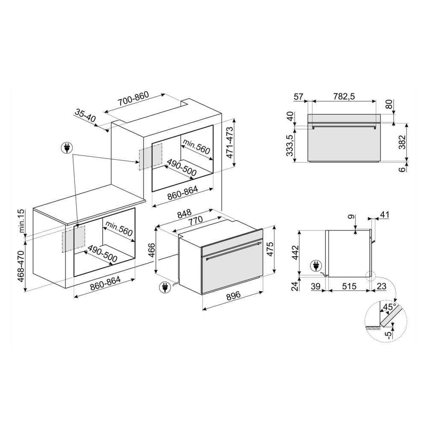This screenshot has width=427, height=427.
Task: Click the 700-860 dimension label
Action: [x=133, y=98]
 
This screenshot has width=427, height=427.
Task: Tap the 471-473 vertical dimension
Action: [x=230, y=143]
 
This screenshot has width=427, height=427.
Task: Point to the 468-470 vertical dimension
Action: [x=21, y=266]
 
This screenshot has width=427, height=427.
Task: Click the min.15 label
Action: [x=21, y=221]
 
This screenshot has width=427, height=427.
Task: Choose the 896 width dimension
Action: [x=234, y=296]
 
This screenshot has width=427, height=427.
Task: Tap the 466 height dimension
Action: [x=152, y=250]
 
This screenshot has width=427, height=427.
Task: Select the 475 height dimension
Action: [x=269, y=249]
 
